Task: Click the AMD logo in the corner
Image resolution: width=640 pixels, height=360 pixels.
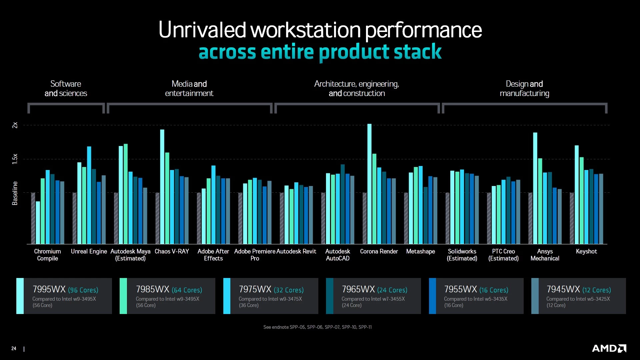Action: [609, 348]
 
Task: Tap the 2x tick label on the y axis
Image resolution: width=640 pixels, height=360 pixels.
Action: [15, 125]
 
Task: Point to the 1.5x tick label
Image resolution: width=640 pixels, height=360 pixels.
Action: [15, 159]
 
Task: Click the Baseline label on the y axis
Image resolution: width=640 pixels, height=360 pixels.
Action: [15, 193]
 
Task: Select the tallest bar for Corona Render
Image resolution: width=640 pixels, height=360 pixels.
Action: [369, 183]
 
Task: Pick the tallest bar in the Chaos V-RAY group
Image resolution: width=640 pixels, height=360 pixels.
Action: [162, 187]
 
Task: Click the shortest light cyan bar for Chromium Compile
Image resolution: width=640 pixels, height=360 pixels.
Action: [38, 222]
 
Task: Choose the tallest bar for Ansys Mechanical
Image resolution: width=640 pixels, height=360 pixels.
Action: [535, 188]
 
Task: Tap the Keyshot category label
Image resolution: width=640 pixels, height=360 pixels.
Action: [586, 251]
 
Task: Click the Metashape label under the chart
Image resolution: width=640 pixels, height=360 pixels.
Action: [420, 251]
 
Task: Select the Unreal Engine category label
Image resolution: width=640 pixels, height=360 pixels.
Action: [89, 251]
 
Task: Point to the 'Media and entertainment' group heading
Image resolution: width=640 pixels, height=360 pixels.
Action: [189, 88]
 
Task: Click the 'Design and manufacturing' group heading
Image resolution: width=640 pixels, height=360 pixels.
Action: [524, 88]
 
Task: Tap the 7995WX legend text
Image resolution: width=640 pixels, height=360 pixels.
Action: [49, 289]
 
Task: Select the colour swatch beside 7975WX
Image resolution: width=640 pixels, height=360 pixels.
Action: [227, 296]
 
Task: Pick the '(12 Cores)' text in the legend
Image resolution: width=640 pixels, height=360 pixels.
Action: [596, 290]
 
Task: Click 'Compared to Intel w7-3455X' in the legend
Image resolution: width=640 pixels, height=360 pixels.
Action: [373, 299]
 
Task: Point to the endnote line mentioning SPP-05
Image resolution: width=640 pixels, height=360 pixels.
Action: [317, 327]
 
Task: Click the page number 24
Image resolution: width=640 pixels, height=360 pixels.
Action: [14, 348]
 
